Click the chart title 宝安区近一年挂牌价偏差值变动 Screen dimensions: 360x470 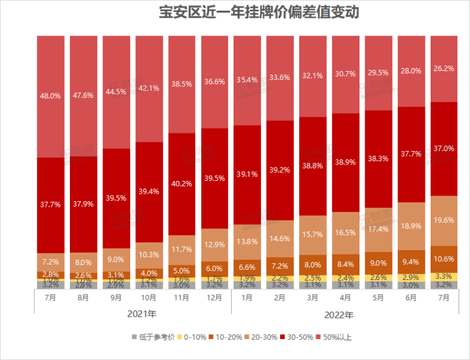235,12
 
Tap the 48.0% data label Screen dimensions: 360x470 51,96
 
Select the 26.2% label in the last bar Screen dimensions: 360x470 445,69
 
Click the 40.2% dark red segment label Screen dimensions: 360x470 182,183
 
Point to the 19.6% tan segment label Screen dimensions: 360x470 445,220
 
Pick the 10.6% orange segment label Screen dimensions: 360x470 445,258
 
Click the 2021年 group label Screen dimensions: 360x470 133,314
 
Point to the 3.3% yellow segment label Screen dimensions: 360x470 445,276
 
